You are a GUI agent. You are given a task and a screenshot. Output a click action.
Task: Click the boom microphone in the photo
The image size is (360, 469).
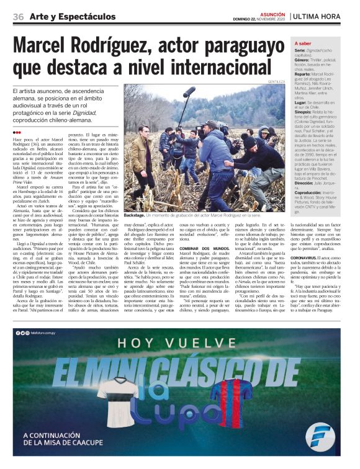189,92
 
